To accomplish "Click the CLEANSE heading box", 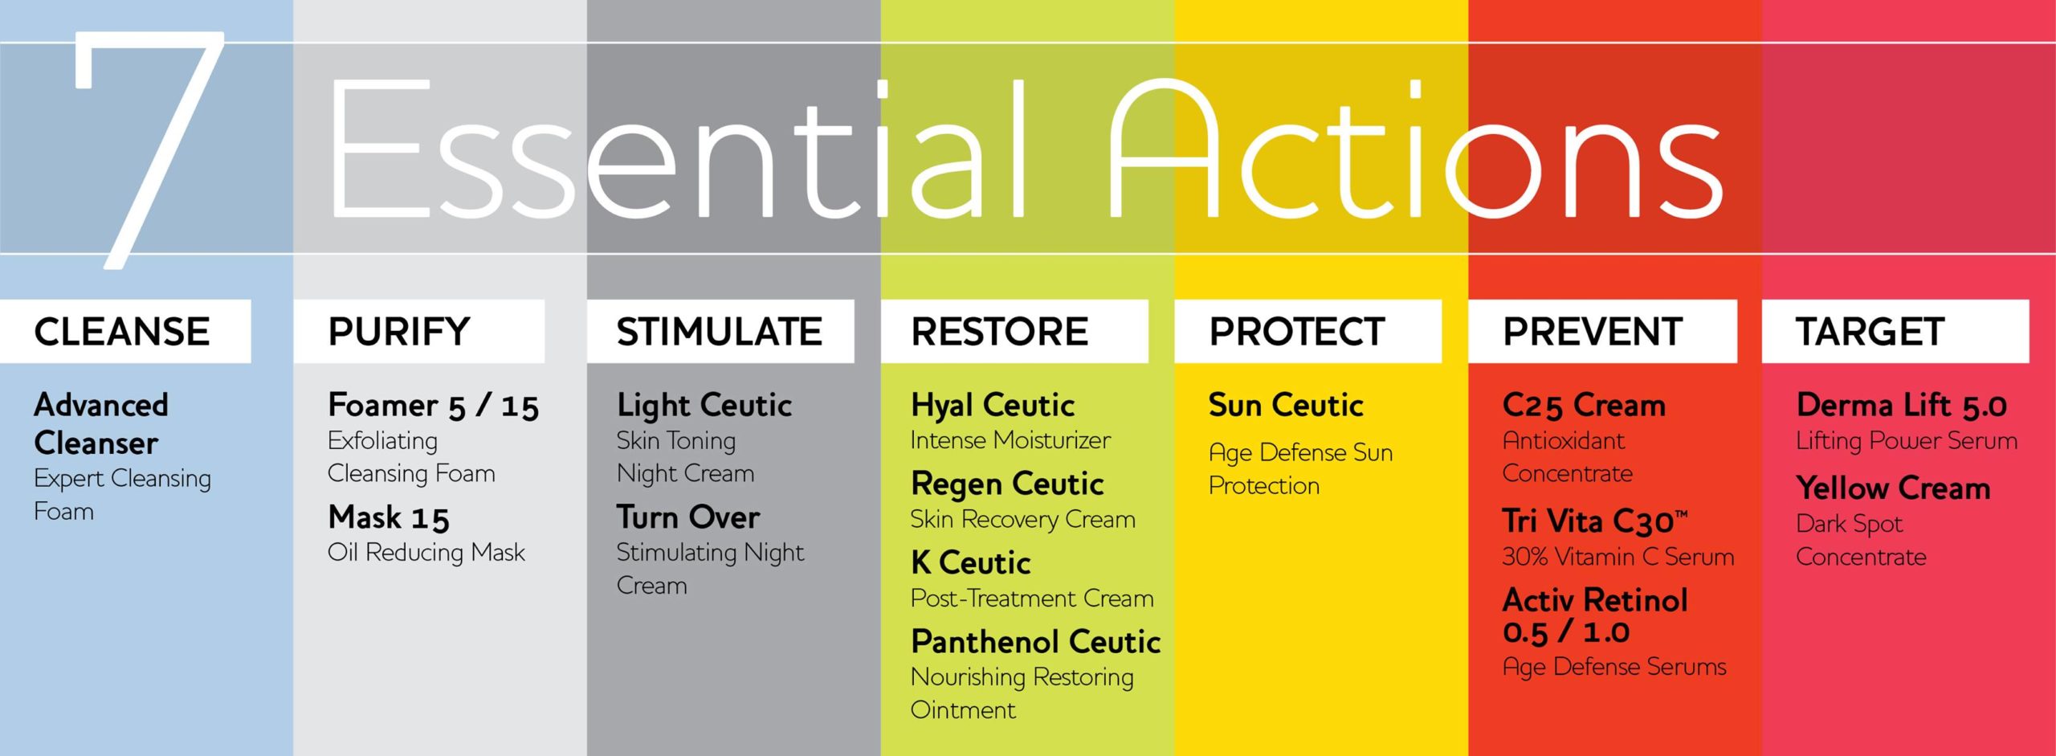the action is pos(125,331).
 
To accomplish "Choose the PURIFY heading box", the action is pos(419,331).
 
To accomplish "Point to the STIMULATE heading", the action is pos(720,331).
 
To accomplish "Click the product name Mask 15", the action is pos(389,517).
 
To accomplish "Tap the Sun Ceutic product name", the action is pos(1286,405).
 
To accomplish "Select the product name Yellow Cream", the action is pos(1894,488).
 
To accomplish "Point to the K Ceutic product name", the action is pos(970,562).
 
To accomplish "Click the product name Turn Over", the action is pos(688,517).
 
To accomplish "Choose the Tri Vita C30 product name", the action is pos(1595,521).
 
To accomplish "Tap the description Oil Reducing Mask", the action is pos(426,553).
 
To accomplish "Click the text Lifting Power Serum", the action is pos(1907,440).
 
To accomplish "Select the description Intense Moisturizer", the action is pos(1010,440).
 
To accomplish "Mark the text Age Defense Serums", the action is pos(1614,667).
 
